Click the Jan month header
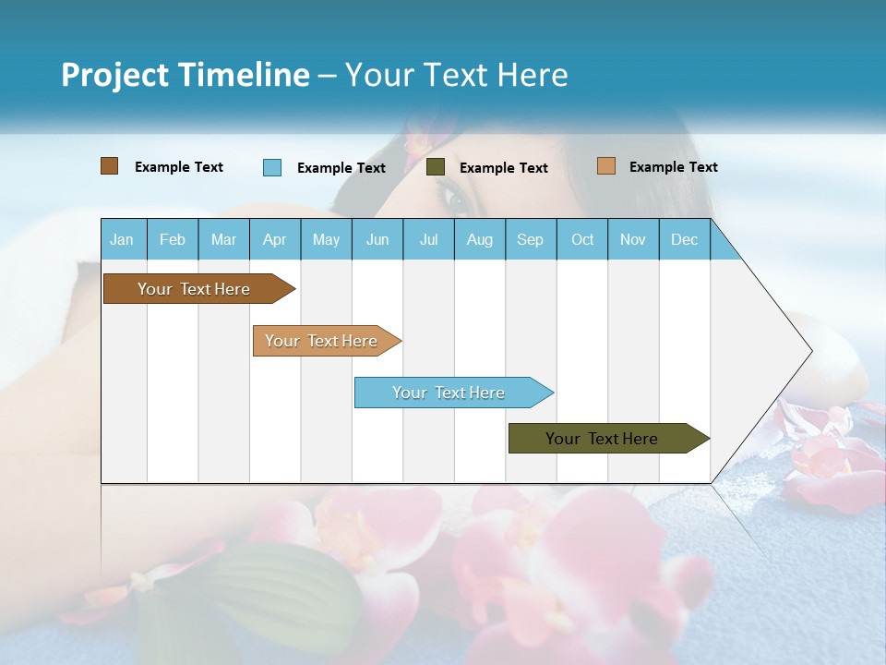point(123,239)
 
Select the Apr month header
point(275,239)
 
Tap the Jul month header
point(428,239)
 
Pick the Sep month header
point(531,239)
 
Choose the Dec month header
point(684,239)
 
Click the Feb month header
point(173,239)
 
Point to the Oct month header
point(582,239)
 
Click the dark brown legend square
point(110,166)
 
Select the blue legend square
point(272,167)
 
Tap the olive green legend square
point(436,167)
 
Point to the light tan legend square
point(605,166)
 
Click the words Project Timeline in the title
point(186,75)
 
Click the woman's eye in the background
point(454,195)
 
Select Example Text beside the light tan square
point(673,167)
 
